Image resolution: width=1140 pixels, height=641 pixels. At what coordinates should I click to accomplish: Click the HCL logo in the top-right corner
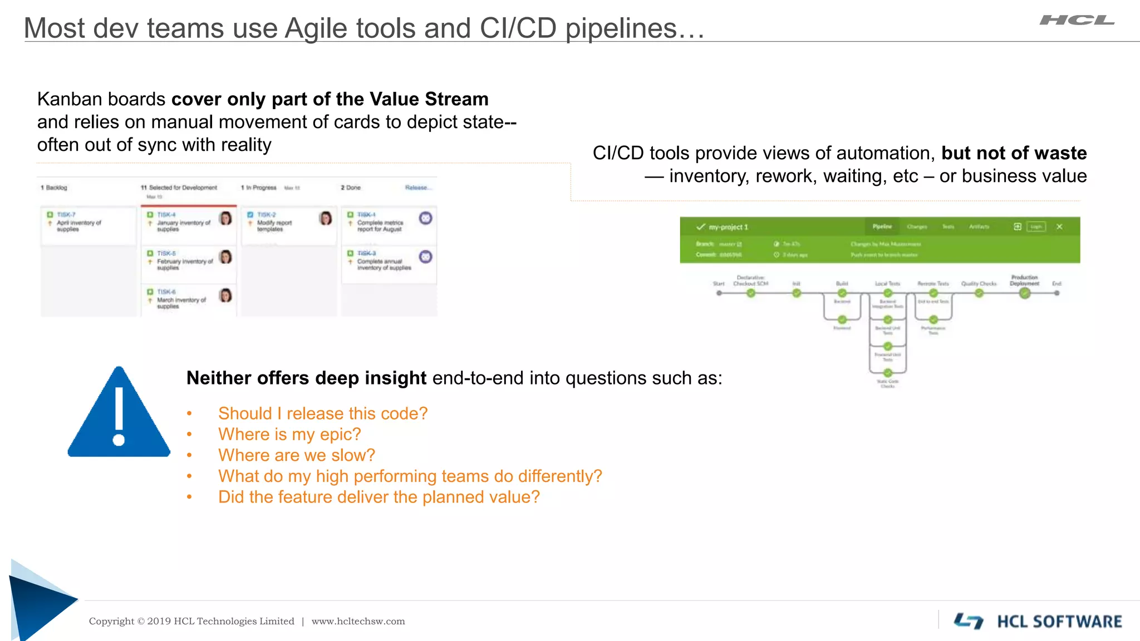(1077, 21)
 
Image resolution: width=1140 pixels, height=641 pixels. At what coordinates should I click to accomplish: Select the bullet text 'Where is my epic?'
(289, 435)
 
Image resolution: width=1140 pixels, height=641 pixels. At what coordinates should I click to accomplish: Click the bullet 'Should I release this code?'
(323, 413)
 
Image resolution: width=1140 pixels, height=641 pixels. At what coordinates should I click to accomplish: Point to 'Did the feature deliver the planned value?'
(379, 497)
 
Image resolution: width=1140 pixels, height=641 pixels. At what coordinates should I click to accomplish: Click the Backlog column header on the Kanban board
(54, 188)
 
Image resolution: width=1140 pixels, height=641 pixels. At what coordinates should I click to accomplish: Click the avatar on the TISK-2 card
(326, 218)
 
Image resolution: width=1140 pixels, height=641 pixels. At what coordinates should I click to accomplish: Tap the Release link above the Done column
(416, 188)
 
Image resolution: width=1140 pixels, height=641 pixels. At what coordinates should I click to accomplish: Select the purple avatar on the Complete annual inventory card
(426, 257)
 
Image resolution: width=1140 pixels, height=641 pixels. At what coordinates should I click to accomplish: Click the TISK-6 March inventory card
(188, 299)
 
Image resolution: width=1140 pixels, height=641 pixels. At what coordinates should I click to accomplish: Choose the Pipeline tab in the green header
(882, 226)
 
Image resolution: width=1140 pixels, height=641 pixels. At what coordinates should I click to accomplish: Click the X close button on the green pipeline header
(1059, 226)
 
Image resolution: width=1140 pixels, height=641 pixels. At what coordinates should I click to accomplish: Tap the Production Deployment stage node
(1025, 293)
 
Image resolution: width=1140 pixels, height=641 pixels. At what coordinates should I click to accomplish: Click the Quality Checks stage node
(979, 293)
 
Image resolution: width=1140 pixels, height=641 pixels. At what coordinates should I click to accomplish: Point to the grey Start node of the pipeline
(719, 293)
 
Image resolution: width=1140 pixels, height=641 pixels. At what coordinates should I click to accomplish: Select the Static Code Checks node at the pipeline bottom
(888, 373)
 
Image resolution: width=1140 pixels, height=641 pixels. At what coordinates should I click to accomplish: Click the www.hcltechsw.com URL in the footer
(358, 622)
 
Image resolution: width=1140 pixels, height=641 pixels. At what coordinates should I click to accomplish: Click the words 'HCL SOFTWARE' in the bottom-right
(1059, 622)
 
